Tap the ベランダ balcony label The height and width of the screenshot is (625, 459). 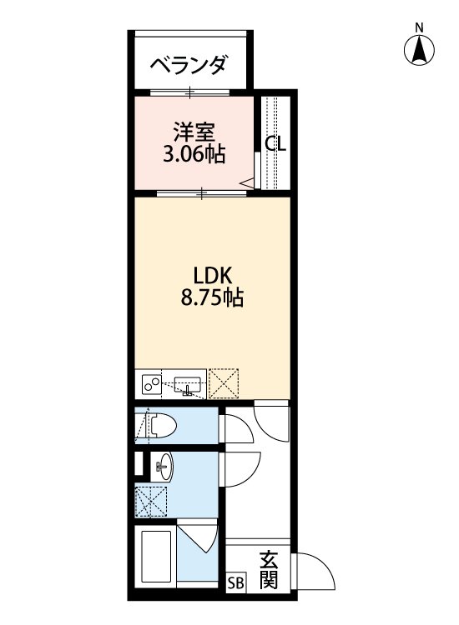point(189,65)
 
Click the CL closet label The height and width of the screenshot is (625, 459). point(275,143)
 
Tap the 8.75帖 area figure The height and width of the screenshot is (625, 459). point(212,299)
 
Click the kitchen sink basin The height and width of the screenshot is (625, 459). point(189,386)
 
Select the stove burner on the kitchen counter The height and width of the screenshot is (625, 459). point(152,384)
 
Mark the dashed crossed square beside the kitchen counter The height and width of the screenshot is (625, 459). point(224,384)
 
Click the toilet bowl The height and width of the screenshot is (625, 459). point(164,427)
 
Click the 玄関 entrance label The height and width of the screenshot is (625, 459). point(267,570)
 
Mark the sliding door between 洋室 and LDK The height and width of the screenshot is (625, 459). point(202,193)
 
